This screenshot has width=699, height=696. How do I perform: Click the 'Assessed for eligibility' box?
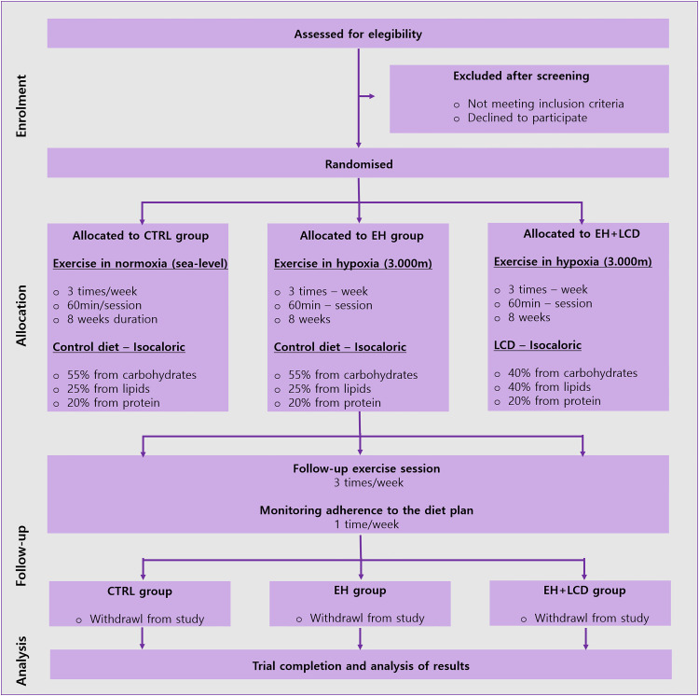pyautogui.click(x=358, y=35)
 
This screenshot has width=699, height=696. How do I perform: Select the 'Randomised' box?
pyautogui.click(x=359, y=164)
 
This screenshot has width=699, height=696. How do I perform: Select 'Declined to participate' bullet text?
pyautogui.click(x=520, y=118)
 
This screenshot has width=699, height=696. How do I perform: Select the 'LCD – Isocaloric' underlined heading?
pyautogui.click(x=538, y=344)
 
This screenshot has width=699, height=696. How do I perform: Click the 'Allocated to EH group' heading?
pyautogui.click(x=362, y=235)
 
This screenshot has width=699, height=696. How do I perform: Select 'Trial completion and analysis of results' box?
pyautogui.click(x=360, y=665)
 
